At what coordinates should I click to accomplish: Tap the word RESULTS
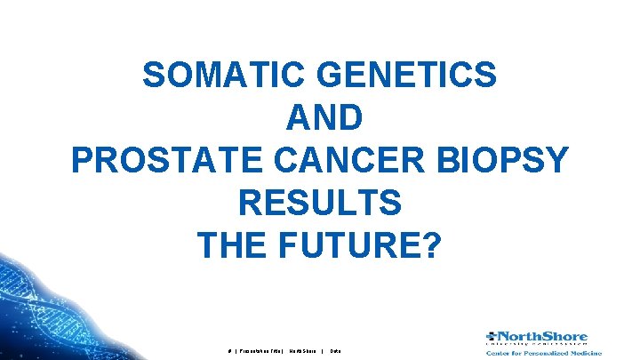320,203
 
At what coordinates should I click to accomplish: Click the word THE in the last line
234,244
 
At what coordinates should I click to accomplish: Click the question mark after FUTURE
431,244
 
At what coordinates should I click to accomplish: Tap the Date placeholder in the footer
336,351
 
